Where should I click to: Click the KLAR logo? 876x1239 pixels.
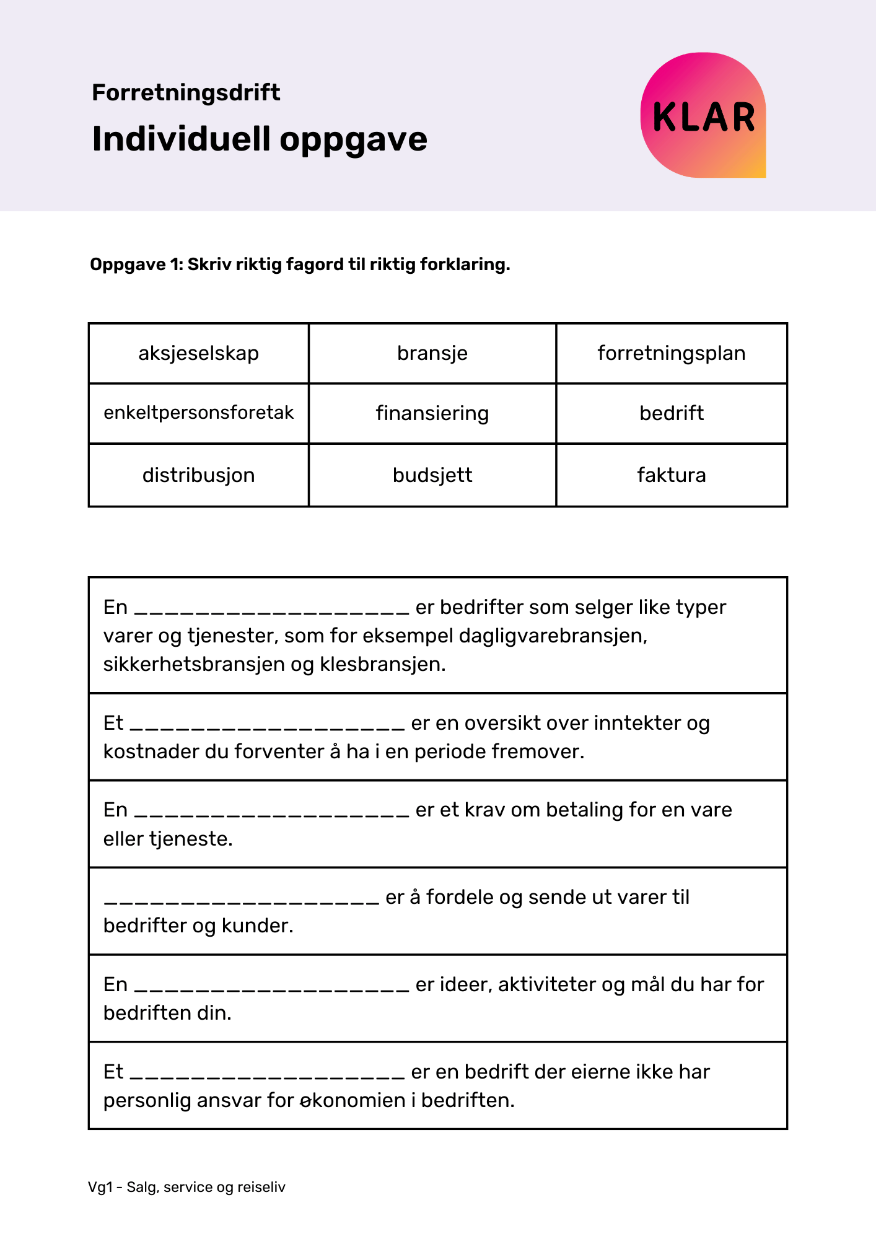[x=703, y=115]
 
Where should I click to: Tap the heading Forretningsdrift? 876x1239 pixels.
[x=186, y=92]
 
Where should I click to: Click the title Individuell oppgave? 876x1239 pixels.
[x=260, y=139]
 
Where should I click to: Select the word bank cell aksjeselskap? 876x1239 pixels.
[x=198, y=353]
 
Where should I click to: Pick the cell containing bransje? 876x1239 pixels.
[x=432, y=353]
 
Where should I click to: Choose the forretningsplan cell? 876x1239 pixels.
[x=672, y=353]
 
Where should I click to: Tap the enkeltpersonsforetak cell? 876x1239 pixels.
[x=198, y=413]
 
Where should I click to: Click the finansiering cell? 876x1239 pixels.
[x=432, y=413]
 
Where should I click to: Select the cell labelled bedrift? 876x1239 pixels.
[x=672, y=413]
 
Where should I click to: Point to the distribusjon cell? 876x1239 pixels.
[x=198, y=475]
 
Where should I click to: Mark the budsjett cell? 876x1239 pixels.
[x=432, y=475]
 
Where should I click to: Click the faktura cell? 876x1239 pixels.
[x=672, y=475]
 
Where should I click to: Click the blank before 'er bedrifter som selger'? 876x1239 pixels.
[x=271, y=608]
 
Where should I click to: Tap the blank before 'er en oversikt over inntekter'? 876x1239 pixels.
[x=268, y=724]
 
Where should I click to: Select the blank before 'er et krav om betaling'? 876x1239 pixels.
[x=271, y=811]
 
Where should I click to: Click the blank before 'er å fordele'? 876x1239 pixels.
[x=242, y=898]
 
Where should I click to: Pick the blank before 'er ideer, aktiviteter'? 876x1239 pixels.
[x=271, y=986]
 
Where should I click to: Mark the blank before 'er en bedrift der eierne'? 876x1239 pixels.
[x=268, y=1073]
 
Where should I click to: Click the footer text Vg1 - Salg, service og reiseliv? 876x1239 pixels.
[x=186, y=1187]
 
